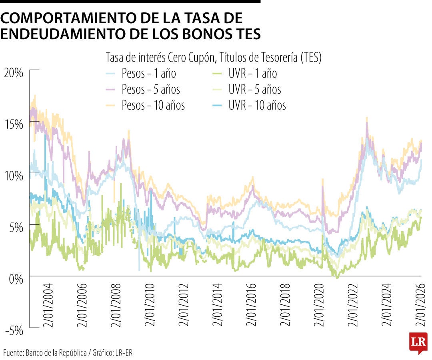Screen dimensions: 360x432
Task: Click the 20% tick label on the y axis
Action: [13, 73]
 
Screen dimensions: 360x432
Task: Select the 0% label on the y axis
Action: [16, 279]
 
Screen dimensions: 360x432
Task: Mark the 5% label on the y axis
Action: [16, 227]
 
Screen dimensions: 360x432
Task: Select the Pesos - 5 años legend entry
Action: [151, 89]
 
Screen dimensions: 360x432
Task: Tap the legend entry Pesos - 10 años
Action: [153, 105]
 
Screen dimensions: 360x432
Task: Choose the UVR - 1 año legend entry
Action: [252, 74]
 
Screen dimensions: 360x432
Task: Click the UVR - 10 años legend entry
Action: [257, 105]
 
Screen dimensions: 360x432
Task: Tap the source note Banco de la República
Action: [56, 353]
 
